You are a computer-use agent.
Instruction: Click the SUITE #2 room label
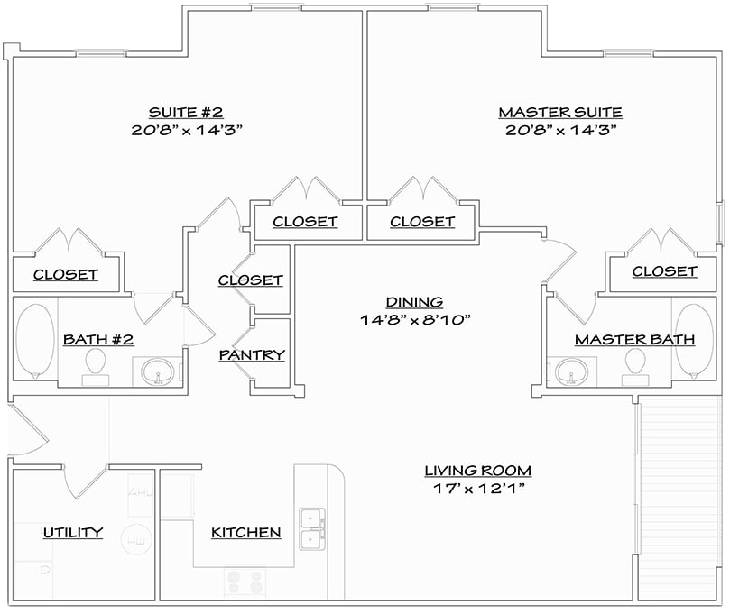(x=185, y=112)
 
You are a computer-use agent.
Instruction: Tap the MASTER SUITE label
(x=559, y=112)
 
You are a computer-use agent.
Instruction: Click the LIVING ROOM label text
(x=477, y=470)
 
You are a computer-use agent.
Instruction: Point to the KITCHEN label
(x=245, y=533)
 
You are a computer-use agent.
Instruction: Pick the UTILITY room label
(x=72, y=533)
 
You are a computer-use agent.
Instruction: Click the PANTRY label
(x=252, y=355)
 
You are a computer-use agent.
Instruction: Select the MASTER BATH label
(x=634, y=340)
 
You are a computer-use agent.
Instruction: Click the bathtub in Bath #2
(x=34, y=342)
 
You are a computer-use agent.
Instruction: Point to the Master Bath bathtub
(x=694, y=342)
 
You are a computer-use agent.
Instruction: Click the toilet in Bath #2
(x=94, y=365)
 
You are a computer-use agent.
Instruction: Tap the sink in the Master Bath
(x=570, y=370)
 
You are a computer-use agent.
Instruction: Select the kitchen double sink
(x=312, y=529)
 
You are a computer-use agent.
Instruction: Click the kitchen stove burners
(x=244, y=582)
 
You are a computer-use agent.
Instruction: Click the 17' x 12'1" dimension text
(x=477, y=489)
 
